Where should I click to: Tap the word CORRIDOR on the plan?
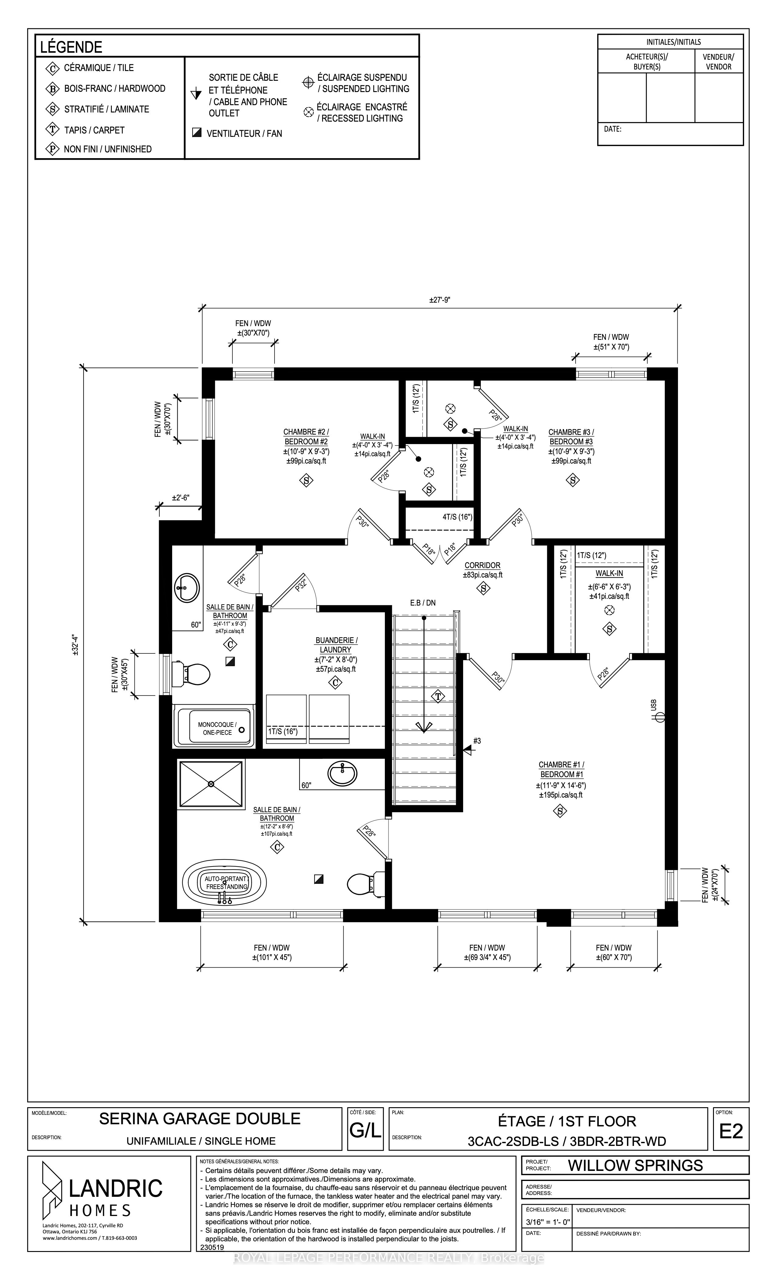(x=483, y=565)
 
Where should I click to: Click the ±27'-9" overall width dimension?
(x=439, y=300)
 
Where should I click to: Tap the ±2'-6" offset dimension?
(x=181, y=498)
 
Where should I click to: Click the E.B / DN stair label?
(x=423, y=603)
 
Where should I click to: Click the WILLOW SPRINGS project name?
(x=635, y=1165)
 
